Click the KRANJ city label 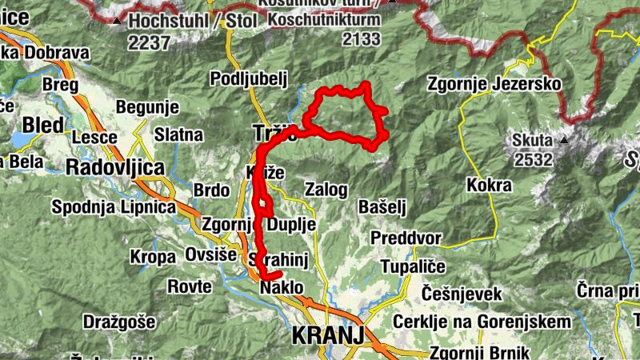point(328,334)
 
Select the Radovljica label point(115,168)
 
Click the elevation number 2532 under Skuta point(534,159)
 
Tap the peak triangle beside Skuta point(565,140)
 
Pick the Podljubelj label point(248,78)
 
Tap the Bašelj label point(383,207)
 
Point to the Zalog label point(326,190)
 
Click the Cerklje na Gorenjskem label point(482,322)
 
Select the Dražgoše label point(118,322)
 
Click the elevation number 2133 point(362,38)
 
